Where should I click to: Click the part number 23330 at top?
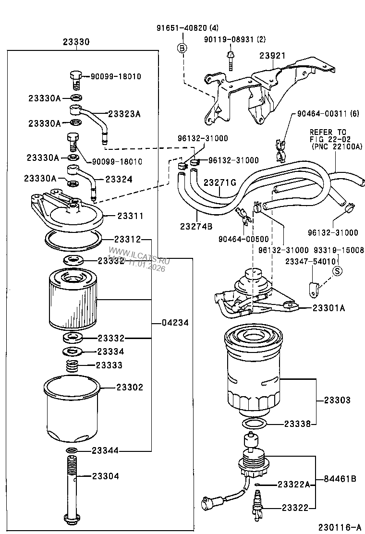(x=76, y=42)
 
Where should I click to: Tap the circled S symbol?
(x=337, y=271)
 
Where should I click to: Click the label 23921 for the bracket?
(x=273, y=56)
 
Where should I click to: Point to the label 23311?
(x=130, y=216)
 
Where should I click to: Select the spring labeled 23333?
(x=72, y=366)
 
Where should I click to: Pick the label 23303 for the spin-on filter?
(x=337, y=400)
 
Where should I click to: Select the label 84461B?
(x=340, y=478)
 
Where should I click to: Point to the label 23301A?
(x=328, y=308)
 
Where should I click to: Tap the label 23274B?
(x=196, y=226)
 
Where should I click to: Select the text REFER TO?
(x=328, y=132)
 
